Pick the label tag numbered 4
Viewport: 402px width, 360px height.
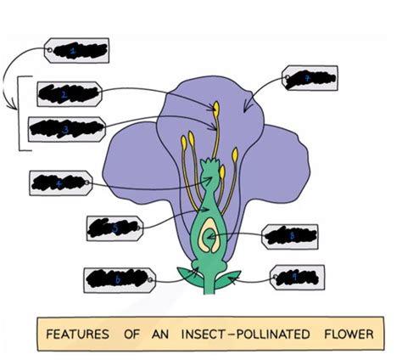[60, 182]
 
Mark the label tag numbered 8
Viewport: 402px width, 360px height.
[291, 236]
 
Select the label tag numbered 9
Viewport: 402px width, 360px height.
[294, 277]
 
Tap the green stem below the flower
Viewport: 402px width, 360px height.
[209, 285]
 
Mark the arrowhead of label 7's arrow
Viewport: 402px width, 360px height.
[245, 108]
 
